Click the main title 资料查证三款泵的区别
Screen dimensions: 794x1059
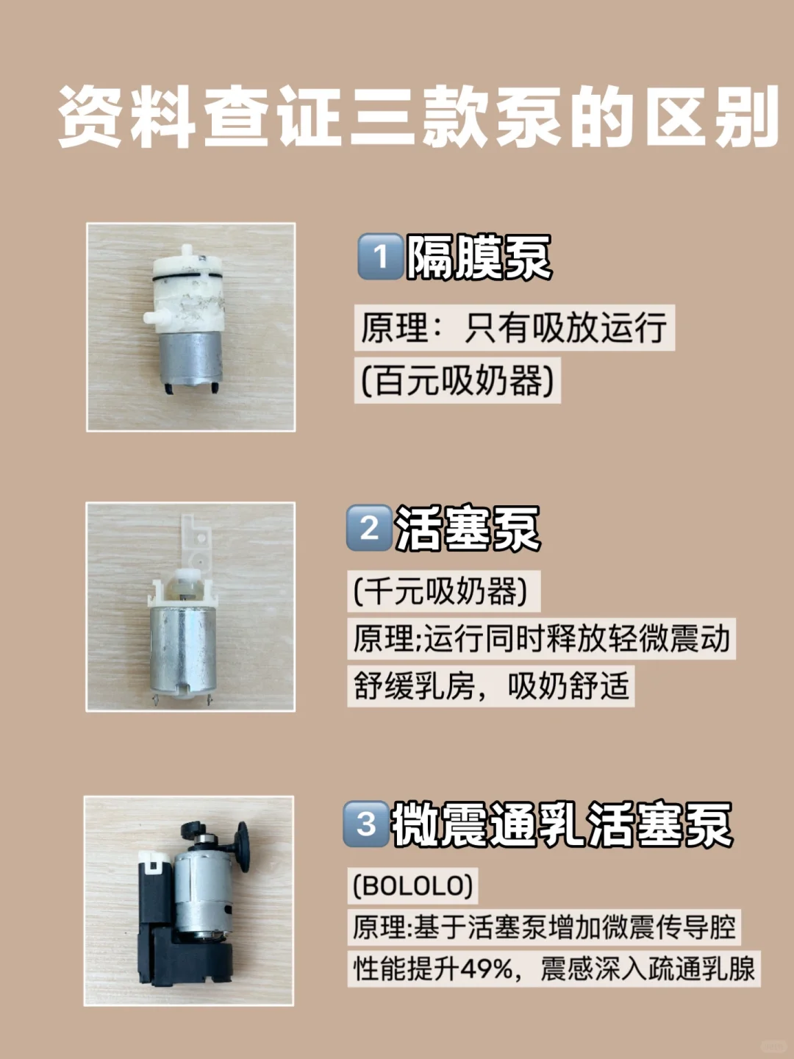pyautogui.click(x=418, y=117)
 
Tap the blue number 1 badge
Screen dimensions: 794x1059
pyautogui.click(x=380, y=257)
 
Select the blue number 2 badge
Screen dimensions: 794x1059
pyautogui.click(x=369, y=528)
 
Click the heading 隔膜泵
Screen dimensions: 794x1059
pyautogui.click(x=479, y=257)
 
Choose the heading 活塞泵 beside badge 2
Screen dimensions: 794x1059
pyautogui.click(x=467, y=528)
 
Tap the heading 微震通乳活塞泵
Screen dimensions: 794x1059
pyautogui.click(x=562, y=824)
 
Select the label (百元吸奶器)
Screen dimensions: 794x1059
pyautogui.click(x=457, y=380)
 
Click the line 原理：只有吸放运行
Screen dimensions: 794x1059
pyautogui.click(x=514, y=327)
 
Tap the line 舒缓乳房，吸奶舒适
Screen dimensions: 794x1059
pyautogui.click(x=491, y=686)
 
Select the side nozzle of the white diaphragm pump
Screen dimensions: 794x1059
pyautogui.click(x=154, y=317)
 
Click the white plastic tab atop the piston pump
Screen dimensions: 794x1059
pyautogui.click(x=196, y=541)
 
